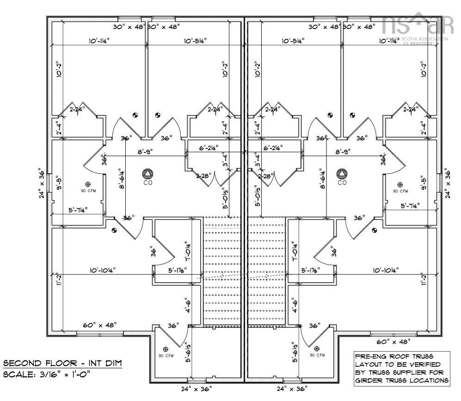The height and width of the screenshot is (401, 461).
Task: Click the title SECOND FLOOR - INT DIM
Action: click(x=62, y=363)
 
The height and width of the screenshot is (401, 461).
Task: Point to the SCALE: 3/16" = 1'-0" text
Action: click(x=47, y=374)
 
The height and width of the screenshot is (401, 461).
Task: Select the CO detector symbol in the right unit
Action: click(x=342, y=174)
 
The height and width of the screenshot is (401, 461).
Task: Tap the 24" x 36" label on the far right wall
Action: click(x=447, y=183)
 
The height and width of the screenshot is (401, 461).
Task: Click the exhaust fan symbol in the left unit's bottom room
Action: click(x=166, y=348)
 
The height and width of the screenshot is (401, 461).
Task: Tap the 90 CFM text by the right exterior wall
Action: click(x=400, y=191)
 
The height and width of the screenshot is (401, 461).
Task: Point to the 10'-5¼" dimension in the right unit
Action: click(x=293, y=41)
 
